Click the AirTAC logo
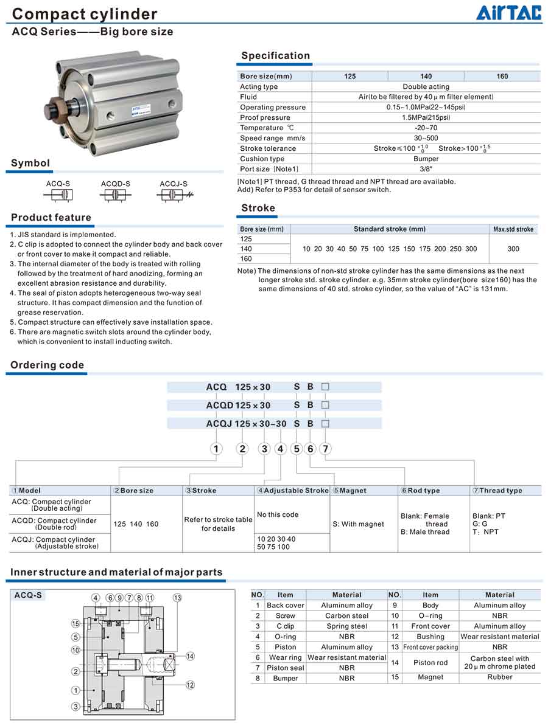(x=508, y=12)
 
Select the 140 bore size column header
(x=426, y=77)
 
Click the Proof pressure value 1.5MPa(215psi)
(x=426, y=117)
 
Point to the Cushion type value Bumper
(x=426, y=159)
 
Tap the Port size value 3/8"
(x=426, y=169)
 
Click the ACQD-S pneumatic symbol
(x=115, y=195)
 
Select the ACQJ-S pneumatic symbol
(x=174, y=195)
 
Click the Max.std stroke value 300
(x=513, y=249)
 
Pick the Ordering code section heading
(x=47, y=365)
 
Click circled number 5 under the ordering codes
(x=297, y=449)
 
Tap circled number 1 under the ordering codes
(x=216, y=449)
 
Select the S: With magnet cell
(x=359, y=524)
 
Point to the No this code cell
(x=278, y=514)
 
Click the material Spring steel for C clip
(x=346, y=626)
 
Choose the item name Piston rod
(x=430, y=663)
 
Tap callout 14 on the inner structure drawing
(x=190, y=656)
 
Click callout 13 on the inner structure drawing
(x=177, y=598)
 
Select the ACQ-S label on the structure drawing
(x=28, y=595)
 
